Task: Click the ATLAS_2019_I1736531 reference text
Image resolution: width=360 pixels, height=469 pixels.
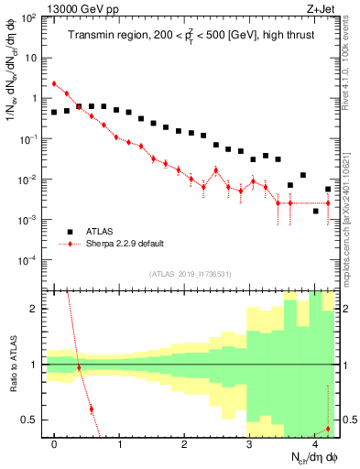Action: point(190,274)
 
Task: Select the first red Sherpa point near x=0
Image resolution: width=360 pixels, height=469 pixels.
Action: point(54,83)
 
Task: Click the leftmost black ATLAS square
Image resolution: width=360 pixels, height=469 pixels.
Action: point(54,112)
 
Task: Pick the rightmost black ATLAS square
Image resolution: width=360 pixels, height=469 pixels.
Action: point(328,190)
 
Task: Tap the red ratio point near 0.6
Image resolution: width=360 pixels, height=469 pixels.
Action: point(91,409)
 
